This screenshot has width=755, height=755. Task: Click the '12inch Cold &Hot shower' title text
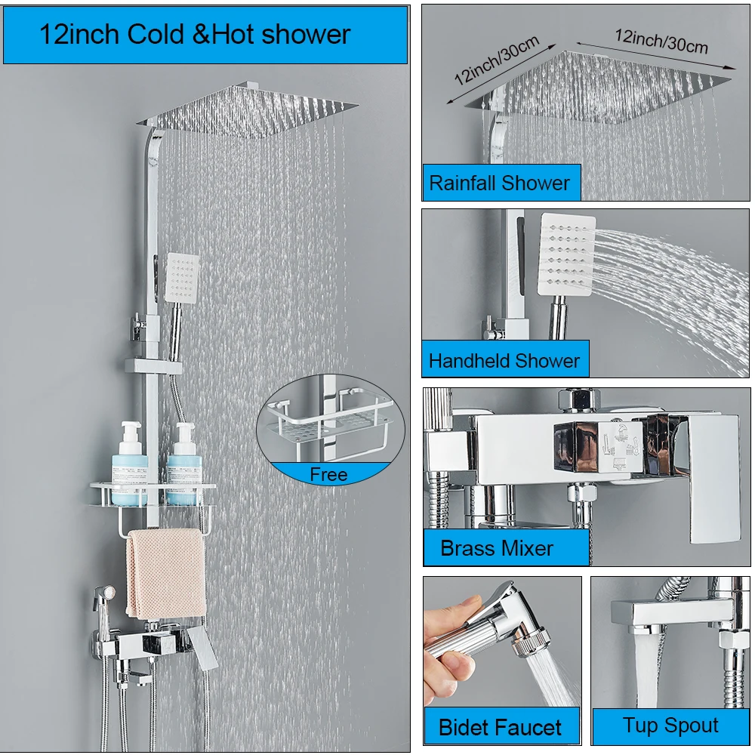(x=195, y=35)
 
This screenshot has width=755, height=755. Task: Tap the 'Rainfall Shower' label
(x=499, y=183)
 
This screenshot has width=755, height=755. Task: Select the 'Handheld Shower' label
(x=504, y=361)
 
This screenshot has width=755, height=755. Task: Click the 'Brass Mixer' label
(x=497, y=548)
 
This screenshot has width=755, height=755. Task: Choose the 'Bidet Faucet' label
(x=500, y=728)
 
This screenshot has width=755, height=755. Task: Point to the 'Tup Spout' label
(x=670, y=725)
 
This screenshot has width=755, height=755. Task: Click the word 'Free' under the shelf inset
(x=328, y=475)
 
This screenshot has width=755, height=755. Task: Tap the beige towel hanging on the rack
(x=166, y=573)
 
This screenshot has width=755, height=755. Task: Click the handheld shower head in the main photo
(x=182, y=279)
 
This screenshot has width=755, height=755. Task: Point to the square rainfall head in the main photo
(x=248, y=111)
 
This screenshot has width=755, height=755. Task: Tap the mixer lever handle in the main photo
(x=202, y=647)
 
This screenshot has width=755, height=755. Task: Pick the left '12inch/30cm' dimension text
(x=497, y=60)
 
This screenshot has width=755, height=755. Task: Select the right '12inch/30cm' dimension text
(x=661, y=41)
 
